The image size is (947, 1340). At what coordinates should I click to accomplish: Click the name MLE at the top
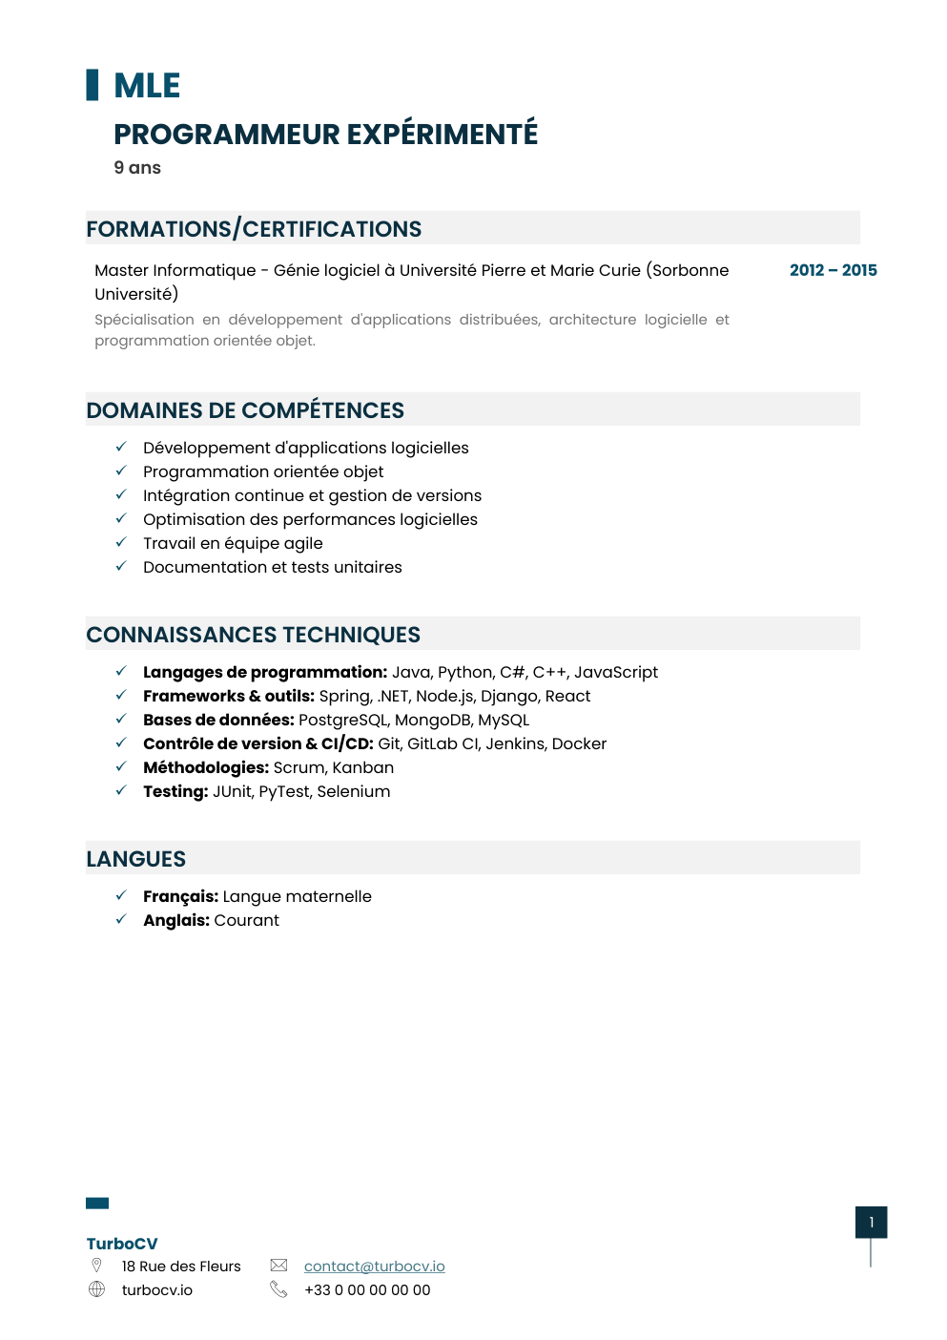(x=147, y=86)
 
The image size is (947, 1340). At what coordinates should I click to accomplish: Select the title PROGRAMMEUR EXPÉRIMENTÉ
(x=325, y=135)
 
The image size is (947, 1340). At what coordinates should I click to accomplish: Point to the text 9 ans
(x=137, y=168)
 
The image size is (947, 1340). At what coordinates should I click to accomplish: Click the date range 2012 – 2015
(x=833, y=270)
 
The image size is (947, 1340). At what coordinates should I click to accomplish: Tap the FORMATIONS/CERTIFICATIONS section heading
(x=254, y=229)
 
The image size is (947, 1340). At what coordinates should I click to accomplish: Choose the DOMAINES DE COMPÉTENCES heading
(x=245, y=410)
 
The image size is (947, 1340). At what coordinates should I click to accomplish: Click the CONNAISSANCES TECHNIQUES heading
(x=253, y=635)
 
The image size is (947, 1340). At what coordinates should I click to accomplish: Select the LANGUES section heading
(x=136, y=859)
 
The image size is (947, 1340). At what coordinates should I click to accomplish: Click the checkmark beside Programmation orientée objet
(x=121, y=471)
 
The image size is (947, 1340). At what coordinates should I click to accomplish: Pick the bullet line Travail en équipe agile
(x=233, y=543)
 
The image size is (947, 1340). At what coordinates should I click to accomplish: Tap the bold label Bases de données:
(x=218, y=720)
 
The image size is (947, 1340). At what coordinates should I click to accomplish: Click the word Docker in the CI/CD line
(x=579, y=743)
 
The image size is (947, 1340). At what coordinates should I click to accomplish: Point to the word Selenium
(x=354, y=791)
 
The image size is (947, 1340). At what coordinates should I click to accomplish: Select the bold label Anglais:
(x=176, y=920)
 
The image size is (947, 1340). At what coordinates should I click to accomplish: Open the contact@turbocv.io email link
(x=374, y=1267)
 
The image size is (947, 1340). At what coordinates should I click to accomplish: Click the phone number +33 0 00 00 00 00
(x=367, y=1290)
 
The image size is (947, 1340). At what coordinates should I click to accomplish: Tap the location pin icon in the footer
(x=96, y=1266)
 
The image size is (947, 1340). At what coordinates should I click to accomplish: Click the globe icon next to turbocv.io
(x=96, y=1289)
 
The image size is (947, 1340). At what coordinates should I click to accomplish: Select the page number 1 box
(x=871, y=1223)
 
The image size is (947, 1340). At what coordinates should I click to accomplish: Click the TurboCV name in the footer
(x=122, y=1244)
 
